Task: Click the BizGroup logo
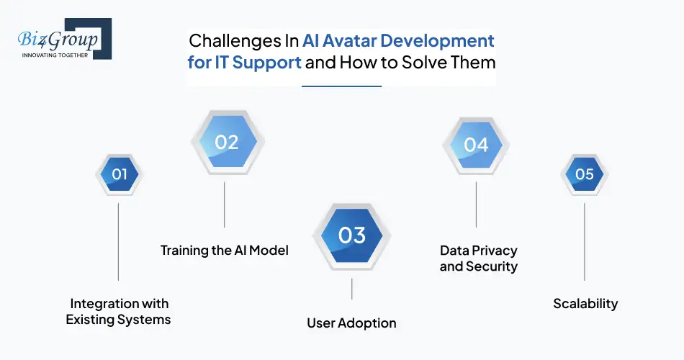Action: pyautogui.click(x=60, y=40)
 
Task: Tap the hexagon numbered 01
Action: pyautogui.click(x=119, y=174)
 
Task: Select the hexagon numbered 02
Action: pyautogui.click(x=226, y=143)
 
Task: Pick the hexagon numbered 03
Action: pyautogui.click(x=351, y=235)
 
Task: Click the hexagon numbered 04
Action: pyautogui.click(x=476, y=145)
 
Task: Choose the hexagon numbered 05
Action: pyautogui.click(x=584, y=174)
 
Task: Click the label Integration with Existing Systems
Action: pyautogui.click(x=119, y=311)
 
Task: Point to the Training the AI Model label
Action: pyautogui.click(x=224, y=251)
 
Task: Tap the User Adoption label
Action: pyautogui.click(x=351, y=322)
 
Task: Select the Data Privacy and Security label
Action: pyautogui.click(x=478, y=258)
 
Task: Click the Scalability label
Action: pyautogui.click(x=585, y=303)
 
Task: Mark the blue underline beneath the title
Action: pyautogui.click(x=341, y=86)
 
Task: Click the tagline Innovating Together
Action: pyautogui.click(x=55, y=55)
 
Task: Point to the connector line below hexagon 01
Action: pyautogui.click(x=118, y=241)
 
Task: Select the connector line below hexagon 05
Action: pyautogui.click(x=584, y=241)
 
